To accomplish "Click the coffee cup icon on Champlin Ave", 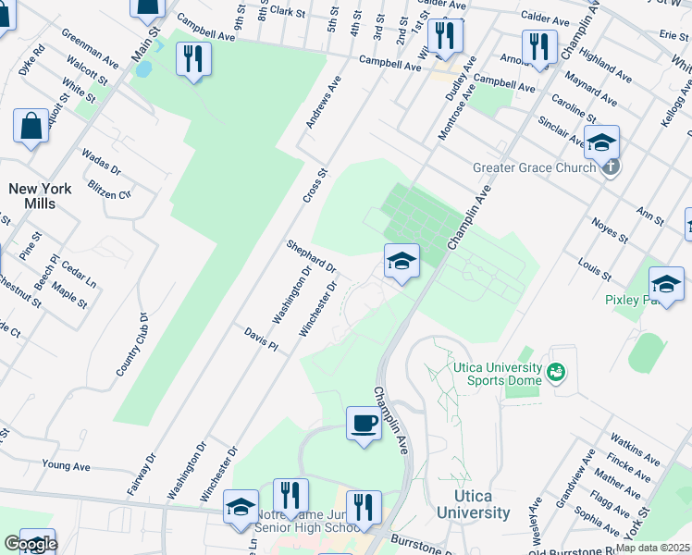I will coord(364,425).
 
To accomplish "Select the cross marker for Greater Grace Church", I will coord(610,167).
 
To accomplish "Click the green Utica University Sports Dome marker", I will coord(555,373).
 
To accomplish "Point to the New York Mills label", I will coord(40,196).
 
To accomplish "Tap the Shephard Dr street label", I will coord(311,256).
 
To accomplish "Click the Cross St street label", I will coord(315,186).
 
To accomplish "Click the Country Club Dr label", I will coord(132,343).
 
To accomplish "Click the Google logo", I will coord(31,544).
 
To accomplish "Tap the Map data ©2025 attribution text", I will coord(652,548).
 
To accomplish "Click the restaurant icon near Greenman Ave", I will coord(193,58).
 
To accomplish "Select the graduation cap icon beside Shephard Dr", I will coord(402,262).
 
